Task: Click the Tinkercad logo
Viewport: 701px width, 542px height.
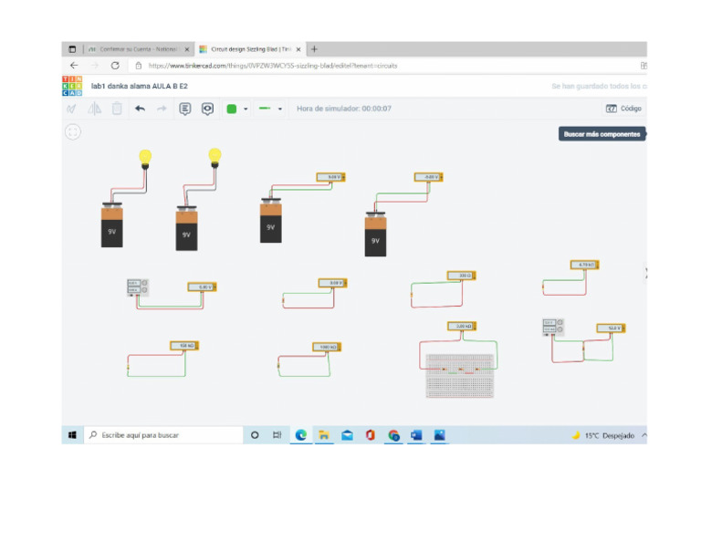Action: coord(71,86)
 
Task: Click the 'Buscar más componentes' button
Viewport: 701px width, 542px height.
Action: coord(602,134)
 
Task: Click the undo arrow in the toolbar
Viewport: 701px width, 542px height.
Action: coord(140,109)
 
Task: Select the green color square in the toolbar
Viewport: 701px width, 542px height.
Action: coord(232,109)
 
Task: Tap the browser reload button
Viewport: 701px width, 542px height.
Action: coord(115,66)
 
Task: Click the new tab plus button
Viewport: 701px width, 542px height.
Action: coord(314,49)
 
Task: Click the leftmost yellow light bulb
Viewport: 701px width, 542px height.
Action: coord(144,157)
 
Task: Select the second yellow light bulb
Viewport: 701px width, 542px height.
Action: coord(215,156)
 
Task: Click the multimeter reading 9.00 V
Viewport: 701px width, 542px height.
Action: coord(334,176)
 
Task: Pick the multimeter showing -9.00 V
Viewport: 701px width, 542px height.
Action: coord(427,177)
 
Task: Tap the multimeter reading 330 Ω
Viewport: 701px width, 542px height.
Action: coord(463,275)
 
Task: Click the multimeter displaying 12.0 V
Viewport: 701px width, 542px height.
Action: coord(610,328)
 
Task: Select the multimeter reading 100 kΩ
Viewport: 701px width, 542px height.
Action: coord(185,346)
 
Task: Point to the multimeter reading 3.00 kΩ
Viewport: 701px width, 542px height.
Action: coord(462,326)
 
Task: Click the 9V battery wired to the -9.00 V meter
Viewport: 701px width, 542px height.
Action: coord(374,235)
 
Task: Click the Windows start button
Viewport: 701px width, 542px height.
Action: coord(72,435)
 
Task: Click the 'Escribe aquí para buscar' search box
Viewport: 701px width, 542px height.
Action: coord(164,435)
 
